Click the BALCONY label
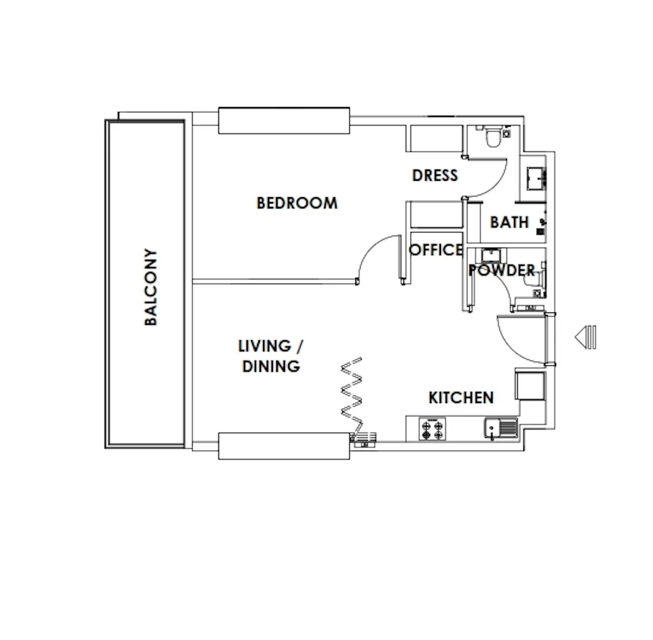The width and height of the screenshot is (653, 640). pyautogui.click(x=151, y=287)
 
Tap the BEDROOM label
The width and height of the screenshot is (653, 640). pyautogui.click(x=297, y=203)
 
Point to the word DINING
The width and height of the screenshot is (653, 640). pyautogui.click(x=271, y=367)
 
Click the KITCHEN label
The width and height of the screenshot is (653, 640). pyautogui.click(x=461, y=397)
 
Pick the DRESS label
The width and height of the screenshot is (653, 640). pyautogui.click(x=435, y=175)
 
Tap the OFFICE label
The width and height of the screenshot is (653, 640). pyautogui.click(x=435, y=249)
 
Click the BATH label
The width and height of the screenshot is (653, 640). pyautogui.click(x=510, y=222)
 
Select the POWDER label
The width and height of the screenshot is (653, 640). pyautogui.click(x=501, y=270)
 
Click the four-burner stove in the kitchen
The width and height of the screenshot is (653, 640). pyautogui.click(x=432, y=430)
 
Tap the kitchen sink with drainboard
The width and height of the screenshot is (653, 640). pyautogui.click(x=501, y=428)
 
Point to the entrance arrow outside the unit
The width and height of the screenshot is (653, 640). pyautogui.click(x=586, y=337)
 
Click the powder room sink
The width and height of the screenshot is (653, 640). pyautogui.click(x=491, y=255)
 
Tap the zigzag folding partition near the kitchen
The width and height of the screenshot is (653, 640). pyautogui.click(x=351, y=394)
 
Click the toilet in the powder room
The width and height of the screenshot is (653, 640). pyautogui.click(x=534, y=279)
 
